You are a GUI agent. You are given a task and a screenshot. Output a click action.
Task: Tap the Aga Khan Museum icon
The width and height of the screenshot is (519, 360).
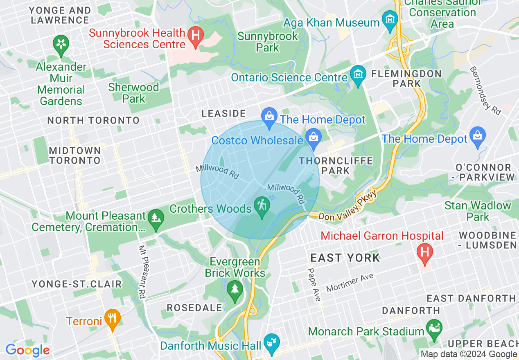(390, 20)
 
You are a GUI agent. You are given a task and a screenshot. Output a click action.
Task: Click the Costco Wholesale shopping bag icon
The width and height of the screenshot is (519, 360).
(314, 139)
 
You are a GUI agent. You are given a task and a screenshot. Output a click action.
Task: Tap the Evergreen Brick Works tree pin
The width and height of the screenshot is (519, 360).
(235, 291)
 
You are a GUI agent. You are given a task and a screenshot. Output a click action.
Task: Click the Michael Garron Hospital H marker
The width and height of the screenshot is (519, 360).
(424, 252)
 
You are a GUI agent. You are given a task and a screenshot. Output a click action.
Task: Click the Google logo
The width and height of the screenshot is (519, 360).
(27, 351)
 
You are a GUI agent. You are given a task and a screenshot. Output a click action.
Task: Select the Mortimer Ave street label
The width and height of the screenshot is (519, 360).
(350, 283)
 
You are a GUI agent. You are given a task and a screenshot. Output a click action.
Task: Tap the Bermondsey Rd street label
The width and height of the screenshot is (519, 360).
(485, 91)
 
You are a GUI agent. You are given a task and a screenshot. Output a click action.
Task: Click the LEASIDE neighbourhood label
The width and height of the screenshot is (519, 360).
(223, 114)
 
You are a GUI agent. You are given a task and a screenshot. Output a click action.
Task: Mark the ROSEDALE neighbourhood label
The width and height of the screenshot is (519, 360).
(194, 308)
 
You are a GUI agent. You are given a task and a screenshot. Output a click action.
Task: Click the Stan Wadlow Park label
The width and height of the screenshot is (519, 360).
(478, 211)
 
